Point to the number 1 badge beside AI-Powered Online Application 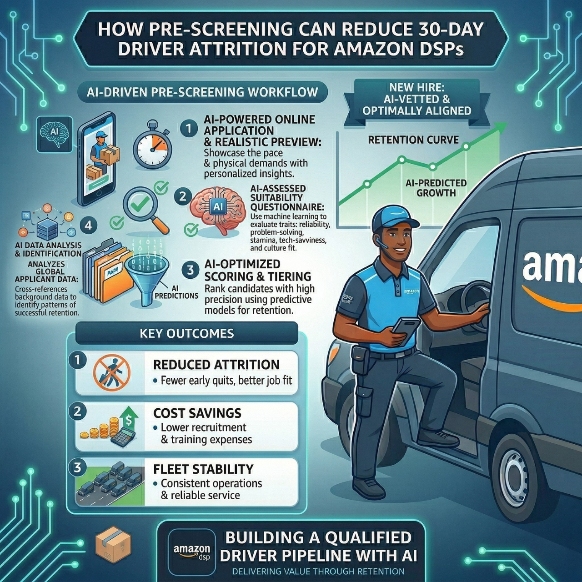coord(189,129)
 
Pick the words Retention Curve coord(413,140)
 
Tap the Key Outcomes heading coord(186,333)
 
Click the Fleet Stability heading coord(203,469)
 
